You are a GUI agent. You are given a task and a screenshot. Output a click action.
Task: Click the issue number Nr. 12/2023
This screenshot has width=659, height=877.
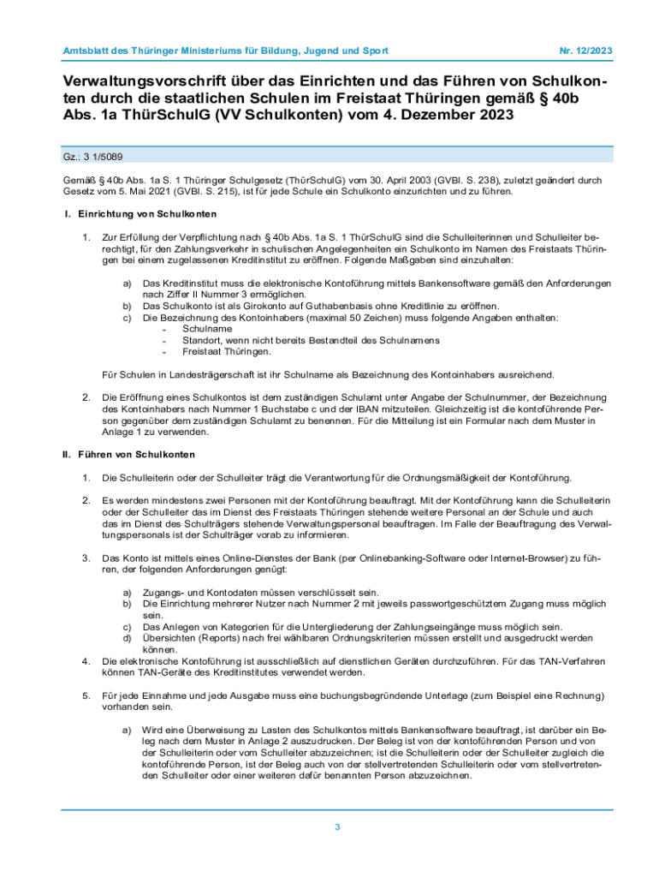point(585,51)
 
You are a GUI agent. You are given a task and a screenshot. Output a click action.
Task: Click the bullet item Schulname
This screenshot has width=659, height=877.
point(207,329)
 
